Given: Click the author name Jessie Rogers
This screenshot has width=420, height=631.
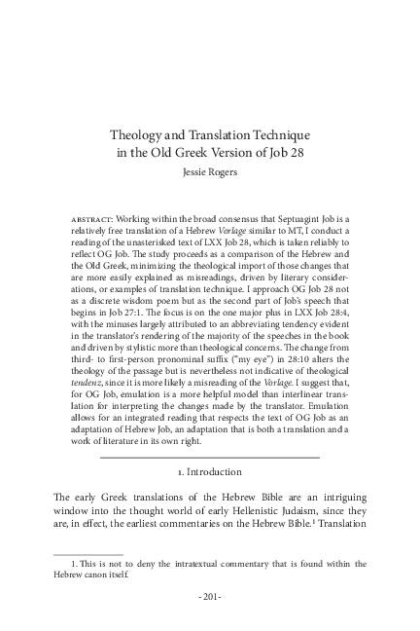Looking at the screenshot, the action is pos(210,172).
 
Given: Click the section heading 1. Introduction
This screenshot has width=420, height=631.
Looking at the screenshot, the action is pos(210,471).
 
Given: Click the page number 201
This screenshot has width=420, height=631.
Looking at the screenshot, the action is pos(210,595).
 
